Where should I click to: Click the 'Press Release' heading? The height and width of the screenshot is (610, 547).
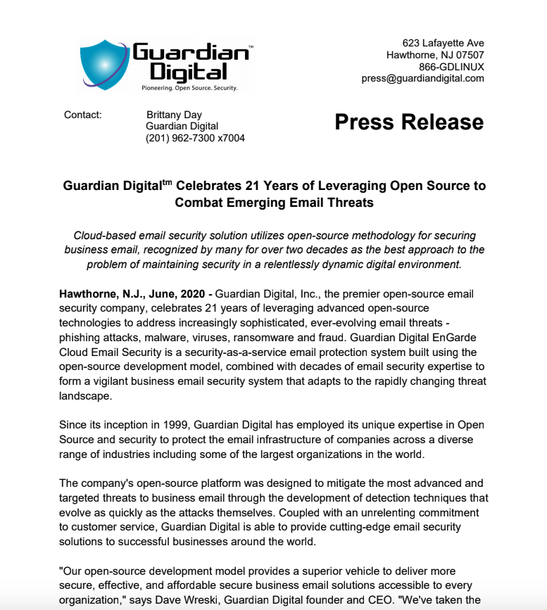[x=409, y=122]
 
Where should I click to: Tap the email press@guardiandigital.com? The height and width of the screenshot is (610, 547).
[x=422, y=78]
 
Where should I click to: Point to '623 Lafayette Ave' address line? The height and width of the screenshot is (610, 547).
[x=443, y=43]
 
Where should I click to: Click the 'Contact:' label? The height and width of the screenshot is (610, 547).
[x=82, y=115]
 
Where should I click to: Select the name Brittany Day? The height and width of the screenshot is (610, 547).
[x=174, y=115]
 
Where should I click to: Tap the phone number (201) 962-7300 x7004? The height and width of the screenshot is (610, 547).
[x=195, y=138]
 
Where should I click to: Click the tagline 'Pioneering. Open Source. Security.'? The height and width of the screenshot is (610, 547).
[x=189, y=89]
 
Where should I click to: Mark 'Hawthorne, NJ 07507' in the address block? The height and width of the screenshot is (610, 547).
[x=435, y=55]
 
